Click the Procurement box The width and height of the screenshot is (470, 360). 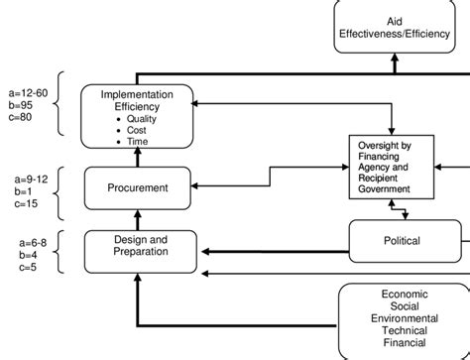point(137,186)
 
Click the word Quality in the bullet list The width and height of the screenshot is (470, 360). point(141,118)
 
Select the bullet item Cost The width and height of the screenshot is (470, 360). point(136,130)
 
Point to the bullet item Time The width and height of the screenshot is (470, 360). point(137,142)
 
